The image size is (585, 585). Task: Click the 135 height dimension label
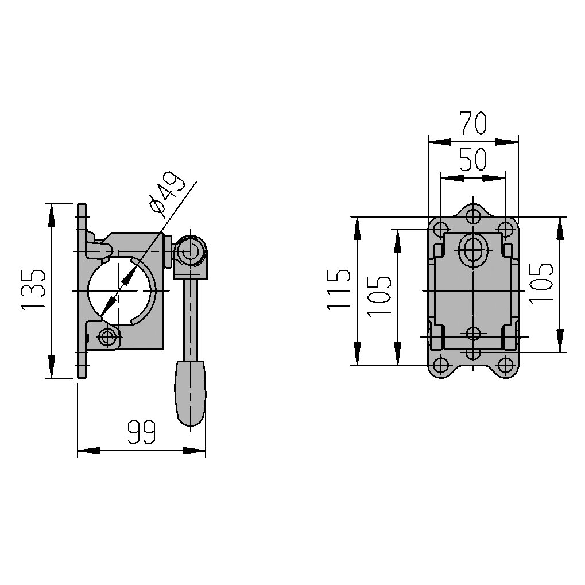(x=33, y=290)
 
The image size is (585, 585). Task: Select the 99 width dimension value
(x=141, y=433)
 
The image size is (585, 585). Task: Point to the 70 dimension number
(x=472, y=123)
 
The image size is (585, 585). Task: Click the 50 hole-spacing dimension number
(x=472, y=160)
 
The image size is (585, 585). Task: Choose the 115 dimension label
(x=338, y=290)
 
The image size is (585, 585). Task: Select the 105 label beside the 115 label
(x=379, y=296)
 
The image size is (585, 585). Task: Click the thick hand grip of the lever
(x=190, y=393)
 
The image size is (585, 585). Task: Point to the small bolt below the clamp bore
(x=106, y=337)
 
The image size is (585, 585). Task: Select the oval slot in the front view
(x=473, y=251)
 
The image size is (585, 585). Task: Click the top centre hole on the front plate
(x=473, y=216)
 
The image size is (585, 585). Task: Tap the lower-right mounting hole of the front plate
(x=505, y=365)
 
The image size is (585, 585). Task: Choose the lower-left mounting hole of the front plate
(x=441, y=365)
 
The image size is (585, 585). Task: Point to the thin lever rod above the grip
(x=189, y=316)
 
